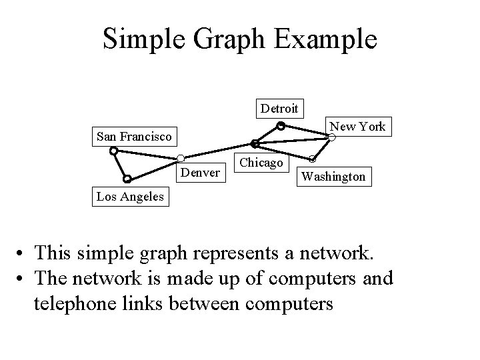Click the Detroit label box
pyautogui.click(x=280, y=108)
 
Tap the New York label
pyautogui.click(x=357, y=127)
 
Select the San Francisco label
pyautogui.click(x=133, y=137)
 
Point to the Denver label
pyautogui.click(x=200, y=173)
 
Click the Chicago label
pyautogui.click(x=262, y=163)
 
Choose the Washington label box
pyautogui.click(x=333, y=177)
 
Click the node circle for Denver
pyautogui.click(x=180, y=158)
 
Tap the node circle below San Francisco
pyautogui.click(x=114, y=151)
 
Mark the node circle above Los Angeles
pyautogui.click(x=127, y=179)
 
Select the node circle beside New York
pyautogui.click(x=331, y=138)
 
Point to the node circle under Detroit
pyautogui.click(x=281, y=125)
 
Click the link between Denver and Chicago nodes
pyautogui.click(x=217, y=151)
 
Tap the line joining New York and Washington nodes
pyautogui.click(x=321, y=149)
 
